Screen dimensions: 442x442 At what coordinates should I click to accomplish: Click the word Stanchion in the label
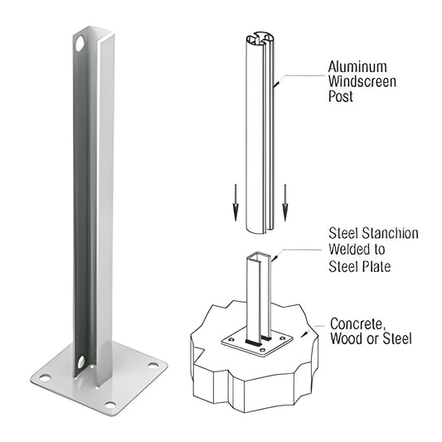click(x=389, y=234)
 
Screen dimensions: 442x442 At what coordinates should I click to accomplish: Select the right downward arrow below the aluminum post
click(x=284, y=202)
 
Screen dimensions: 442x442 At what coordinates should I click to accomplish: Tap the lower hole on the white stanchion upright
click(x=80, y=362)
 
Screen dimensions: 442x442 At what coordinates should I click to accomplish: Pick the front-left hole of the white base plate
click(x=45, y=378)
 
